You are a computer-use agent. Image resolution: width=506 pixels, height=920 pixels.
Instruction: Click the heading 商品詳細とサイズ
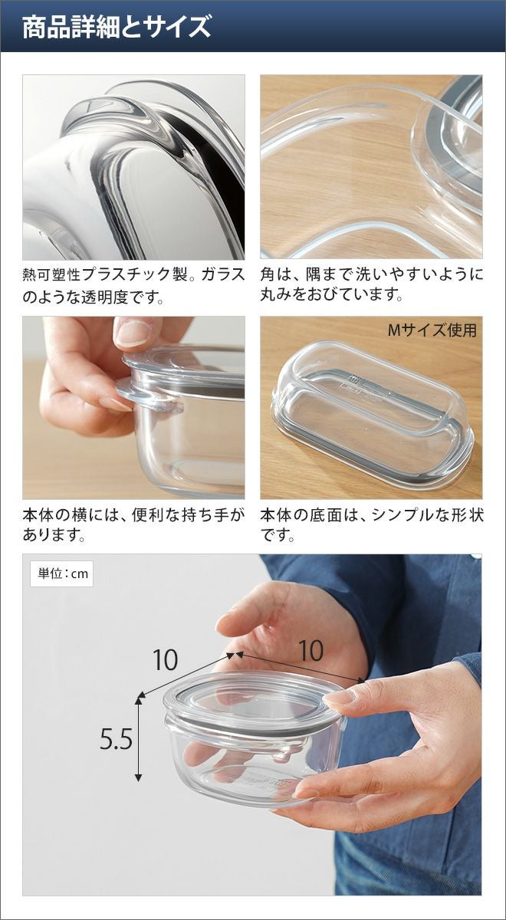[x=117, y=27]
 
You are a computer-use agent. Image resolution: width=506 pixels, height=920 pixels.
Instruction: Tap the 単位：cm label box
[x=62, y=573]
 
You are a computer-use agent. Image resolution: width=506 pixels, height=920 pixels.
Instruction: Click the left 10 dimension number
[x=165, y=659]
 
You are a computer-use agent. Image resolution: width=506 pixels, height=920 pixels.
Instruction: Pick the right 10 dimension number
[x=310, y=651]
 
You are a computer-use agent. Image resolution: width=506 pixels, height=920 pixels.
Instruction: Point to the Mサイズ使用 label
[x=432, y=330]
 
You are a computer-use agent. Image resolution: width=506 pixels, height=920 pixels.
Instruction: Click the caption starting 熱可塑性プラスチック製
[x=134, y=285]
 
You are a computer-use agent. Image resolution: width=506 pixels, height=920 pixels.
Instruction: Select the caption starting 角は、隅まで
[x=372, y=284]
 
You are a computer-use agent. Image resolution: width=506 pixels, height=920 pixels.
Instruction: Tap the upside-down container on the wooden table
[x=372, y=415]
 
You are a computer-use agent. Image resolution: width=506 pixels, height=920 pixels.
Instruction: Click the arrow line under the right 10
[x=300, y=667]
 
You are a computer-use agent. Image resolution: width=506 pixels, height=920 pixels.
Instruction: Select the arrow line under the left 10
[x=187, y=675]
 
